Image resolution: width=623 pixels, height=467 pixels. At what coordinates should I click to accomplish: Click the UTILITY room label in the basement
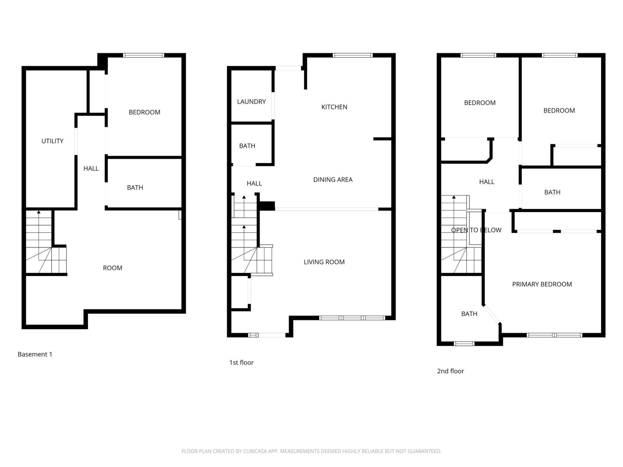(52, 141)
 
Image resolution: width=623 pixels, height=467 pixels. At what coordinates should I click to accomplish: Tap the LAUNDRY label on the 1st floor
(251, 102)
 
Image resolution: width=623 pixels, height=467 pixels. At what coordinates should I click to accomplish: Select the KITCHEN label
(334, 107)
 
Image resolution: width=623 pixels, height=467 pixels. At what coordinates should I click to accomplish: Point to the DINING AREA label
(333, 180)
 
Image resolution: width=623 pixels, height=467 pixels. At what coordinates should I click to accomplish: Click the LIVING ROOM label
(324, 262)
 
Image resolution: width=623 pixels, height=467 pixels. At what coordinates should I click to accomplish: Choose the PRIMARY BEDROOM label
(542, 284)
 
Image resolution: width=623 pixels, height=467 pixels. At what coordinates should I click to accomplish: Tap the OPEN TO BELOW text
(476, 230)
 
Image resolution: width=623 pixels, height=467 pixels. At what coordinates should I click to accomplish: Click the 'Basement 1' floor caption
(35, 354)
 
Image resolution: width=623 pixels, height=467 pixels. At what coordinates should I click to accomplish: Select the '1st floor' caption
(241, 363)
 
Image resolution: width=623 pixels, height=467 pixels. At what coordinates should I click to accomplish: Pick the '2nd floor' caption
(450, 371)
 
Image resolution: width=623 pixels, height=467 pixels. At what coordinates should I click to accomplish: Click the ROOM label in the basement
(112, 268)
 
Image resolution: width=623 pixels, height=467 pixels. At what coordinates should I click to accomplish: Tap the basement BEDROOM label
(144, 112)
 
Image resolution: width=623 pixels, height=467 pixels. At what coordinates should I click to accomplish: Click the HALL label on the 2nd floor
(486, 182)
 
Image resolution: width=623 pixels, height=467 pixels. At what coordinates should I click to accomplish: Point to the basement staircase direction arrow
(39, 212)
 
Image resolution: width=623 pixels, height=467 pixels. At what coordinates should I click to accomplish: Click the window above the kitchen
(352, 55)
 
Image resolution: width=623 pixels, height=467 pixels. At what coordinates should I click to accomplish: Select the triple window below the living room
(352, 318)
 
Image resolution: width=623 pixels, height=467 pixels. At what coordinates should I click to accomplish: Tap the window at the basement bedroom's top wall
(143, 55)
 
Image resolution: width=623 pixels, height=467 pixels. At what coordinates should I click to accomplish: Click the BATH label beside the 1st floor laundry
(247, 146)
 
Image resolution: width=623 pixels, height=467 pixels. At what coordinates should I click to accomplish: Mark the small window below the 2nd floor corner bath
(464, 344)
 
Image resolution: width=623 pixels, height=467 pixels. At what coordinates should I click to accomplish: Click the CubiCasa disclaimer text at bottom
(311, 451)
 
